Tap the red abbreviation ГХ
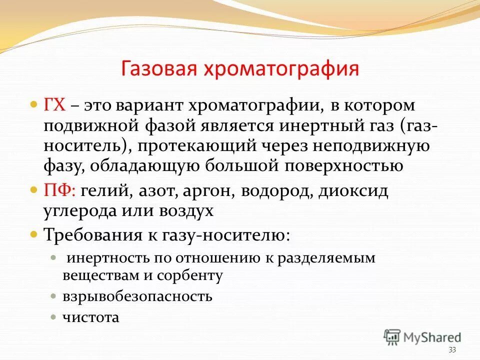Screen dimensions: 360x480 pyautogui.click(x=55, y=106)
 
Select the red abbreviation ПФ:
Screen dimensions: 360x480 pyautogui.click(x=60, y=190)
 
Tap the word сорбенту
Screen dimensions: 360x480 pyautogui.click(x=192, y=274)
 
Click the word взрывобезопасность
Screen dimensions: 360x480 pyautogui.click(x=137, y=296)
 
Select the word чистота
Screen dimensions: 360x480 pyautogui.click(x=91, y=317)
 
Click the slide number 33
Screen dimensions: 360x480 pyautogui.click(x=452, y=349)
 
